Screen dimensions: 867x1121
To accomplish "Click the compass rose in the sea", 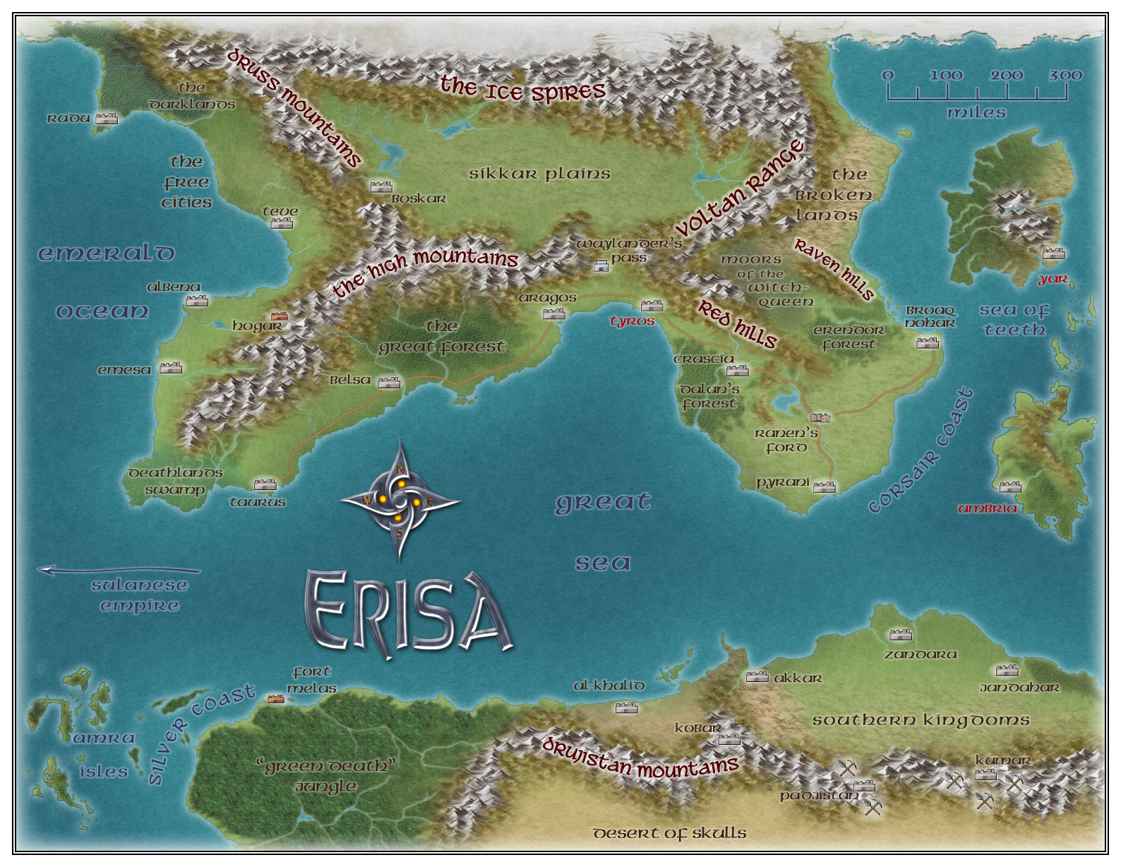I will click(400, 501).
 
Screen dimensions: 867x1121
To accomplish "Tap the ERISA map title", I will click(408, 613).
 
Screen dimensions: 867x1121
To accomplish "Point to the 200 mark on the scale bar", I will click(1006, 76).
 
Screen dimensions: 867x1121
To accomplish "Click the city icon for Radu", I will click(107, 118).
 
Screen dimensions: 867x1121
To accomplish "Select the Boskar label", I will click(419, 199).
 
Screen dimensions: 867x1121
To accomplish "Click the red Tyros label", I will click(632, 321).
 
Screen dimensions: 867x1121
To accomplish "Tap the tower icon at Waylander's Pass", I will click(601, 266).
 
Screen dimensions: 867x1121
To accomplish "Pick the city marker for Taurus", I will click(265, 484).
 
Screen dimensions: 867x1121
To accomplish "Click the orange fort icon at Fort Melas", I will click(275, 698).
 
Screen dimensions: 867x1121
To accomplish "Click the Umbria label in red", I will click(987, 508).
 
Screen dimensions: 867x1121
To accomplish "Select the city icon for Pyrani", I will click(824, 486).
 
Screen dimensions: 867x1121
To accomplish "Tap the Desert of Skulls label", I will click(669, 833).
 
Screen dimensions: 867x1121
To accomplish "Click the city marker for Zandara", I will click(900, 635).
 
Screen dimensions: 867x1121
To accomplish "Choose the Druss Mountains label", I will click(294, 106).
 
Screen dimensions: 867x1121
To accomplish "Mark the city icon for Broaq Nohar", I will click(928, 343).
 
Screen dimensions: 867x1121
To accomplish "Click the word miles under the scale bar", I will click(976, 112).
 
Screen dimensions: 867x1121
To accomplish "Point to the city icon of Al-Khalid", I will click(626, 707).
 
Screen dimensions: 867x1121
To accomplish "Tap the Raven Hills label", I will click(834, 268).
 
